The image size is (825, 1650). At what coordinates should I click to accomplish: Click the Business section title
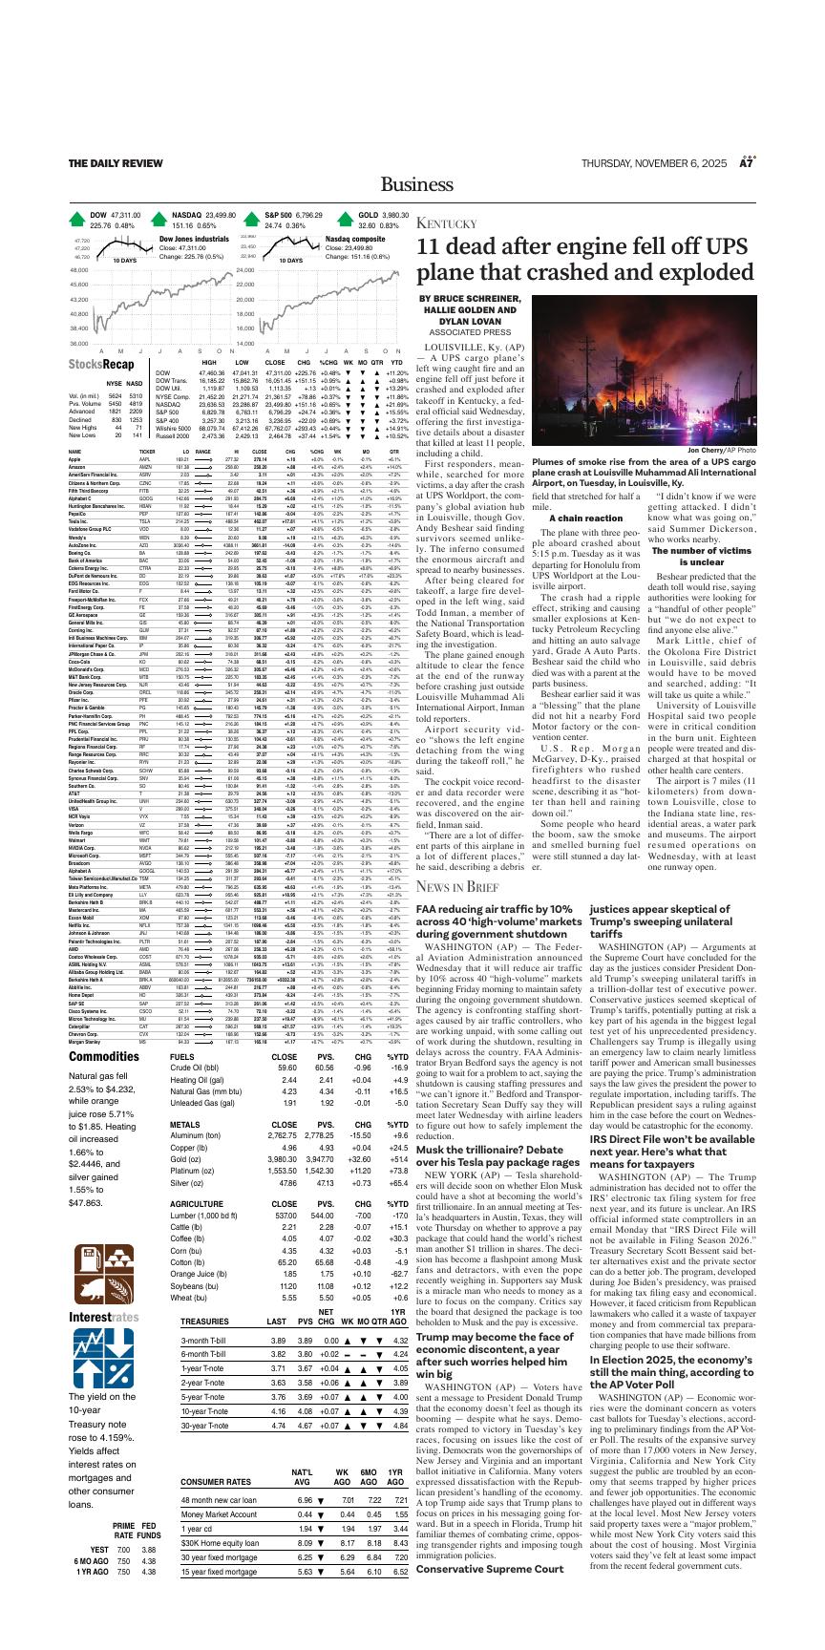412,184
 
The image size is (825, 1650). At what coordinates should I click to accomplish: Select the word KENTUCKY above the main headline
445,223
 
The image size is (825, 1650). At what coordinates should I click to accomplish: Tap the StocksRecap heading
101,364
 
